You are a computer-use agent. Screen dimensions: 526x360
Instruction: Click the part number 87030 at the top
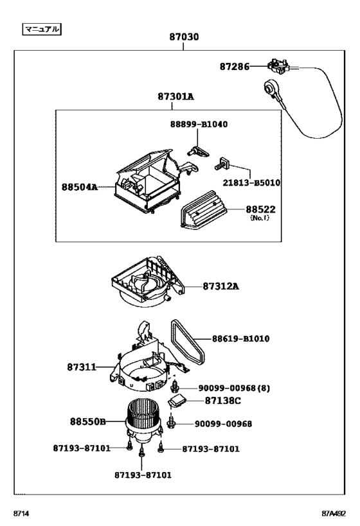184,37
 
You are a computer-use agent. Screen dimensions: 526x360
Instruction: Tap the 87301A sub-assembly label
175,96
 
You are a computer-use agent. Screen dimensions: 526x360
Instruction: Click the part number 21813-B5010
251,182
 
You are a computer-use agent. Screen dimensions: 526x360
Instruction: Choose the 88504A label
80,187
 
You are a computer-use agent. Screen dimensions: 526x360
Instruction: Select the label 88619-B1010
241,338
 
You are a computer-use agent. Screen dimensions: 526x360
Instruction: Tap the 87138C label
223,400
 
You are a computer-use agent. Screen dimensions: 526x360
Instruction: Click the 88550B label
87,422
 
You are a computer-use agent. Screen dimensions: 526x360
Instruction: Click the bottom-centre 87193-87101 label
143,475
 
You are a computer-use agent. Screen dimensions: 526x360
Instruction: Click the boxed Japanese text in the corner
42,29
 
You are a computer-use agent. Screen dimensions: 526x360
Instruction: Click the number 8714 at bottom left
22,514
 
